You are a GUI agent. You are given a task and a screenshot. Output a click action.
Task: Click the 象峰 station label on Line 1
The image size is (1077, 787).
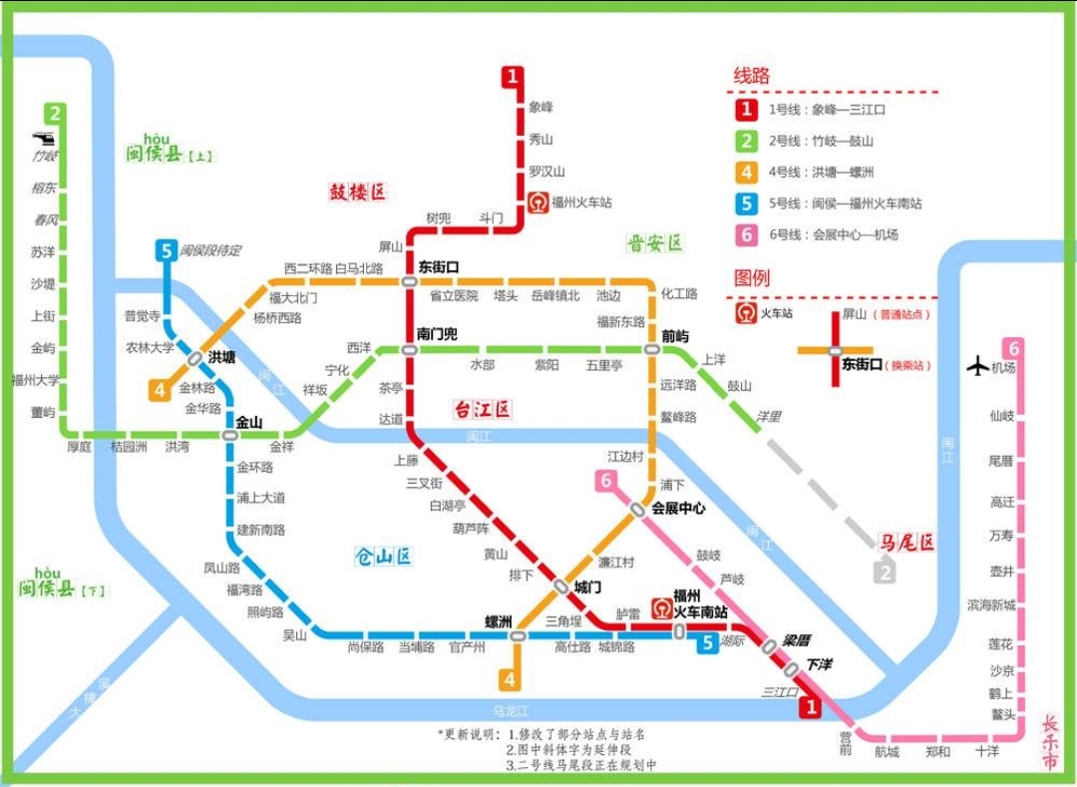point(541,108)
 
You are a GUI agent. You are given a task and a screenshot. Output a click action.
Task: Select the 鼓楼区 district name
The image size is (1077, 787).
point(357,194)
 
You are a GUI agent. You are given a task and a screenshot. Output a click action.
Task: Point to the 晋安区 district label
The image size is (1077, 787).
point(654,243)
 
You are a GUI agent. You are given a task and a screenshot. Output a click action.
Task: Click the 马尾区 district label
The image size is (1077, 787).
point(905,543)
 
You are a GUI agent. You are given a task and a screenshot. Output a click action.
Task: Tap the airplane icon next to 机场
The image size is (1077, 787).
point(978,366)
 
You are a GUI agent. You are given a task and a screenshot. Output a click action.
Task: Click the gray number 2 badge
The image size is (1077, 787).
point(885,573)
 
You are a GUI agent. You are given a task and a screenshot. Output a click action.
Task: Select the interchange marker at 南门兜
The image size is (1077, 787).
point(409,350)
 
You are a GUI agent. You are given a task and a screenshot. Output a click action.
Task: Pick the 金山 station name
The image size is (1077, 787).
point(248,422)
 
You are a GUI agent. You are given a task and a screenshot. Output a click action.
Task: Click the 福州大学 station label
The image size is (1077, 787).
point(35,380)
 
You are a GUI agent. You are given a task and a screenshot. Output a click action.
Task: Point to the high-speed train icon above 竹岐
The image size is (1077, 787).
point(44,139)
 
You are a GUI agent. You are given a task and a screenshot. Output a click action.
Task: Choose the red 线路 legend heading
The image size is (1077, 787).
point(752,77)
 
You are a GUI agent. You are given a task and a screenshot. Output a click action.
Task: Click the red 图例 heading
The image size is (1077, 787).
point(752,278)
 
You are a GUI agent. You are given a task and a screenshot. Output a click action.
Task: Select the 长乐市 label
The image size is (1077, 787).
point(1050,743)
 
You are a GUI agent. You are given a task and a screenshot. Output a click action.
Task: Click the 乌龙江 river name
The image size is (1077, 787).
point(511,710)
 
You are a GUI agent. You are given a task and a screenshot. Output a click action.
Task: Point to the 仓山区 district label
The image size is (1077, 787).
point(383,557)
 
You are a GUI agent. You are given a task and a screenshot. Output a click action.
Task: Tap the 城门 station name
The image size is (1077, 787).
point(588,588)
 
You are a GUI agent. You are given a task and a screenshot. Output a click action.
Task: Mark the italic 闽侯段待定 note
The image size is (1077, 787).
point(210,251)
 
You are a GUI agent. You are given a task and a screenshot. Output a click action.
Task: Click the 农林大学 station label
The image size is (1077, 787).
point(150,348)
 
